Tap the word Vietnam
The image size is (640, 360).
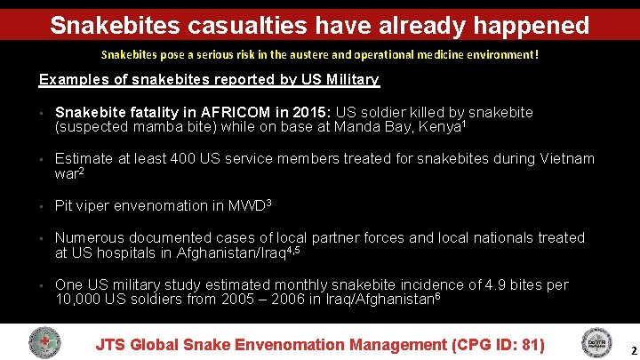point(564,159)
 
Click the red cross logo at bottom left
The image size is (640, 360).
point(44,343)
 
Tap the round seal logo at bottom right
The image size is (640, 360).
point(595,343)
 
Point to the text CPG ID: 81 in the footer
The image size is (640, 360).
point(497,344)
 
